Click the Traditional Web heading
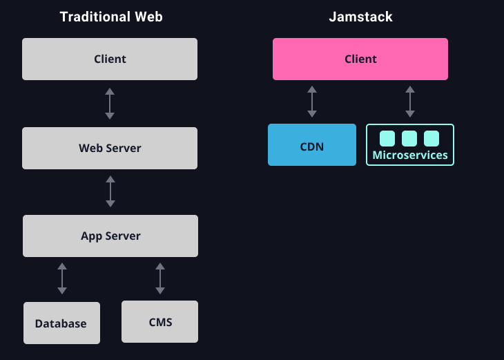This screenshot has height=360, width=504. point(111,17)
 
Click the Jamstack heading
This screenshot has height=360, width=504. point(360,17)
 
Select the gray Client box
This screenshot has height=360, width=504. point(110,59)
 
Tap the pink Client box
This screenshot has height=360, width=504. point(360,59)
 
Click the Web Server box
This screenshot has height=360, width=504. point(110,148)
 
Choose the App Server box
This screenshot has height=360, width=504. point(110,236)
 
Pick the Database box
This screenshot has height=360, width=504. point(61,323)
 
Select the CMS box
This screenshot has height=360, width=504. point(160,321)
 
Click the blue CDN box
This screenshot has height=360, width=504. point(312,145)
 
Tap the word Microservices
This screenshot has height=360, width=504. point(410,155)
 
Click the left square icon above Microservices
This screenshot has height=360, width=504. point(387,138)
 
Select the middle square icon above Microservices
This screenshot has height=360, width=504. point(409,138)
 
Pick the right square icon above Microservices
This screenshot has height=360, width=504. point(432,138)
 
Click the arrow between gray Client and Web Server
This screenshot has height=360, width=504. point(110,104)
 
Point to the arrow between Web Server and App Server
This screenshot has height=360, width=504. point(110,191)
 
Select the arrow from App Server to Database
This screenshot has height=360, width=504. point(62,278)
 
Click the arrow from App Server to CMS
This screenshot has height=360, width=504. point(160,278)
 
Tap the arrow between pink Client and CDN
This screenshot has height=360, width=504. point(312,102)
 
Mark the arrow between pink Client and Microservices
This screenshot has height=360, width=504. point(410,102)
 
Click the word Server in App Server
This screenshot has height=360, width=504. point(122,236)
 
